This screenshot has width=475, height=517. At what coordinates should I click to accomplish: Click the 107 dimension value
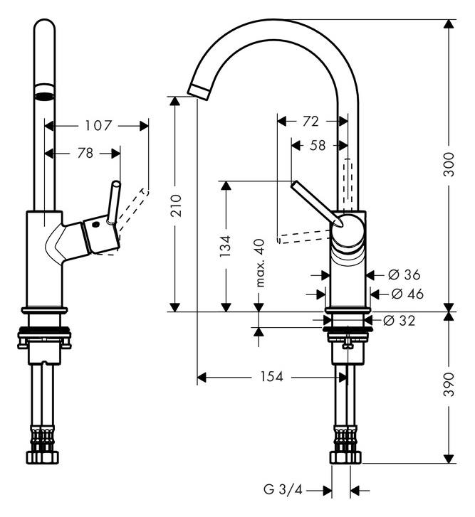click(x=99, y=126)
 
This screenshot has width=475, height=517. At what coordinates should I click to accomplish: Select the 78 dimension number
click(x=85, y=153)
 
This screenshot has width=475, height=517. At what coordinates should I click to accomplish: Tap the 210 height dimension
click(x=176, y=206)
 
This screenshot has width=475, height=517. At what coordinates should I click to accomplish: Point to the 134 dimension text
click(x=226, y=246)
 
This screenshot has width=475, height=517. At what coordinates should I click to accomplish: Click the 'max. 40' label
click(x=261, y=263)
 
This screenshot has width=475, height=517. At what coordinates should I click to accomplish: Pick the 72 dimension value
click(x=310, y=122)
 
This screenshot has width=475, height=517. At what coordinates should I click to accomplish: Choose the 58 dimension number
click(x=318, y=145)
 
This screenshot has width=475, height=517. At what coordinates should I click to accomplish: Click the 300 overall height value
click(x=449, y=164)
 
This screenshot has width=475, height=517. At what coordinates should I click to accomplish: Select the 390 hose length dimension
click(x=449, y=384)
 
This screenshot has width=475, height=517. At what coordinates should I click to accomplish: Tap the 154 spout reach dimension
click(x=272, y=376)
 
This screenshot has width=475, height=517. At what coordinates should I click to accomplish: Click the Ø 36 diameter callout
click(x=404, y=275)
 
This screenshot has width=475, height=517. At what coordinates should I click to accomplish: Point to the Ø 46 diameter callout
click(x=407, y=294)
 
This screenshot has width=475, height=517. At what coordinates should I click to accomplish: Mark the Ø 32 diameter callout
click(x=400, y=320)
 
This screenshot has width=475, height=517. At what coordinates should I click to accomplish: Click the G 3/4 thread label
click(x=283, y=490)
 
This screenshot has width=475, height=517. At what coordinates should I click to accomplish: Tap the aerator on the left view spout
click(x=44, y=92)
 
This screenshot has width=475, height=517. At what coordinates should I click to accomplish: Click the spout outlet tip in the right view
click(x=198, y=91)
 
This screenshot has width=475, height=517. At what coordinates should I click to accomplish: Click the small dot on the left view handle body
click(x=96, y=225)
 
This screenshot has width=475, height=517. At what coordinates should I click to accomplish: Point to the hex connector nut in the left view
click(x=43, y=457)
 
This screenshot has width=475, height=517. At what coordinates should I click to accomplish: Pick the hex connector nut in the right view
click(x=345, y=457)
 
